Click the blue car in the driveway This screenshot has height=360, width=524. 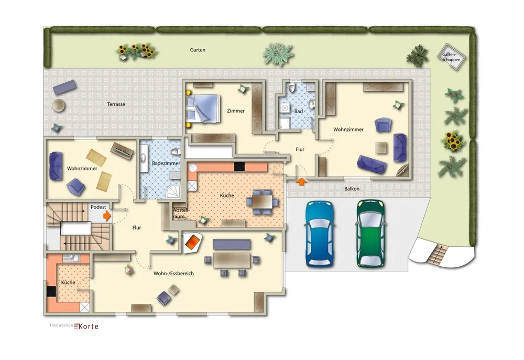[x=320, y=234]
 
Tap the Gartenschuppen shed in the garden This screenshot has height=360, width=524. [x=452, y=57]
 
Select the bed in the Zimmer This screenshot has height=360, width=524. [x=203, y=108]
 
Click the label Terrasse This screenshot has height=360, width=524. [x=116, y=104]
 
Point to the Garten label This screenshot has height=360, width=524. [x=198, y=50]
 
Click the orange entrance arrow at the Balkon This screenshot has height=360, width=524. [x=301, y=181]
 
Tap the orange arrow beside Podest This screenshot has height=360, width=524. [x=107, y=215]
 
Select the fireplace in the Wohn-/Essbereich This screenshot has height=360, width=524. [x=193, y=242]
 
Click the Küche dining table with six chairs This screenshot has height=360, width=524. [x=263, y=202]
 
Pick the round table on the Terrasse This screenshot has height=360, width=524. [x=59, y=106]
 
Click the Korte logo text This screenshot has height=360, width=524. [x=86, y=326]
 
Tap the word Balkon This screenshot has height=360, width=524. [x=352, y=189]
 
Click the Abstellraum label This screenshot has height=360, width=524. [x=181, y=213]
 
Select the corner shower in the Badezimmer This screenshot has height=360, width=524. [x=174, y=192]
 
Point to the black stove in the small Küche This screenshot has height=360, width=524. [x=51, y=291]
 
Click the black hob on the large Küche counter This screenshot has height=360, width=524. [x=239, y=167]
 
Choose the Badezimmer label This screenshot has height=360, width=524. [x=166, y=163]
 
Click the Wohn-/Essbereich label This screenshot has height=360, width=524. [x=173, y=274]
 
